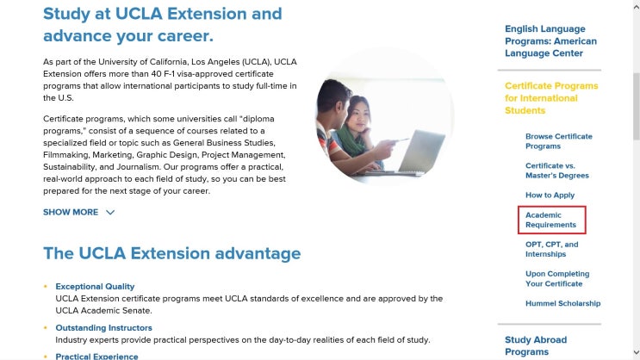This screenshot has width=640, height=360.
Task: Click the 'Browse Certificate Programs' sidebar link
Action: [558, 141]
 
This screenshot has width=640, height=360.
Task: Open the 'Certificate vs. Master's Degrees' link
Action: [556, 171]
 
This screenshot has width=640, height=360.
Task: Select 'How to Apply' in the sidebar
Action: [550, 196]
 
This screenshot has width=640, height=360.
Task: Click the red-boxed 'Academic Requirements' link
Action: [550, 220]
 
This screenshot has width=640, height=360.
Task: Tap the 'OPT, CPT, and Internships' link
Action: [551, 249]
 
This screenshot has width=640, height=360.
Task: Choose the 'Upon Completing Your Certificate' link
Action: [554, 278]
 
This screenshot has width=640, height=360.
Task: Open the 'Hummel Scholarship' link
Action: [562, 303]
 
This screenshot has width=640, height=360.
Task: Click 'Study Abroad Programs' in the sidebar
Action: [535, 345]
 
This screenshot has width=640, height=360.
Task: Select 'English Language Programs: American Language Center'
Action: [550, 41]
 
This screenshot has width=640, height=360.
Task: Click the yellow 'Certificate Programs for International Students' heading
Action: [550, 98]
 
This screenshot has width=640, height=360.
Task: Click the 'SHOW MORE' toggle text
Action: [71, 212]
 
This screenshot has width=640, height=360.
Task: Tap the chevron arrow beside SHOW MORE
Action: [110, 212]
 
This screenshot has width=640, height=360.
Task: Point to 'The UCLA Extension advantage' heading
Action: [172, 253]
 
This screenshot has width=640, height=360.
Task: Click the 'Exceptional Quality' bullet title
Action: [95, 286]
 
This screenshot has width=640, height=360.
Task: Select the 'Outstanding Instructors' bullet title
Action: [103, 327]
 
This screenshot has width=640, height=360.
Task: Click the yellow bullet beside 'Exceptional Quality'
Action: [46, 286]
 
